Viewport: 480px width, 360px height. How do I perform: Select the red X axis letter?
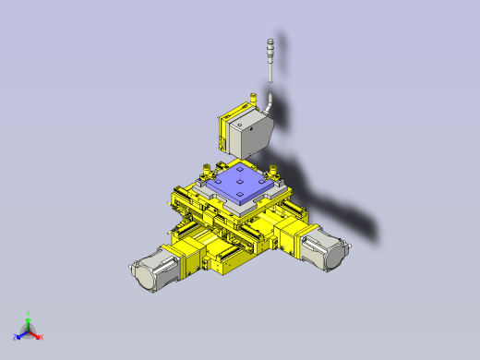pyautogui.click(x=42, y=336)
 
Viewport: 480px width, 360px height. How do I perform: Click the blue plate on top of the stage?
pyautogui.click(x=238, y=184)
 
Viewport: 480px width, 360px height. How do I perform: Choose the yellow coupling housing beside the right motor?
pyautogui.click(x=294, y=234)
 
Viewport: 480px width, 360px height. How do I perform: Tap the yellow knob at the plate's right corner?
pyautogui.click(x=274, y=169)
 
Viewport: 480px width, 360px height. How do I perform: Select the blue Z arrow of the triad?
pyautogui.click(x=21, y=333)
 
